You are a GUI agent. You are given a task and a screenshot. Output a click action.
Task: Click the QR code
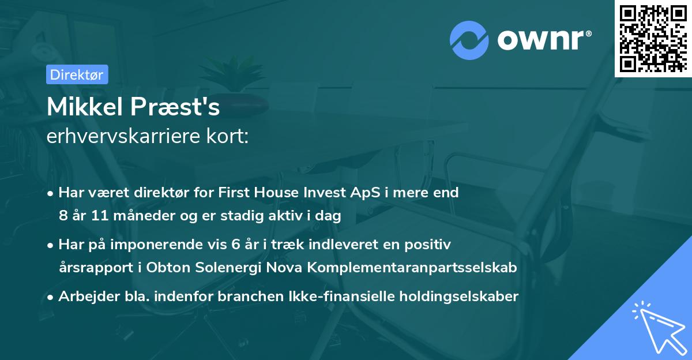tap(653, 38)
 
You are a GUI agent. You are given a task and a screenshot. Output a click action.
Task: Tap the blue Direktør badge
tap(77, 74)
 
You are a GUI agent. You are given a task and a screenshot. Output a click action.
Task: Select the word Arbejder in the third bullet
tap(84, 297)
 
